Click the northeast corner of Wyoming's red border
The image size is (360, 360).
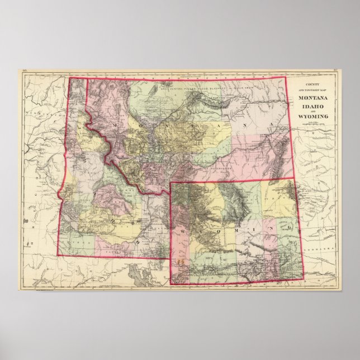point(293,179)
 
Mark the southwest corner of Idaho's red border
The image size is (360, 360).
point(57,255)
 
